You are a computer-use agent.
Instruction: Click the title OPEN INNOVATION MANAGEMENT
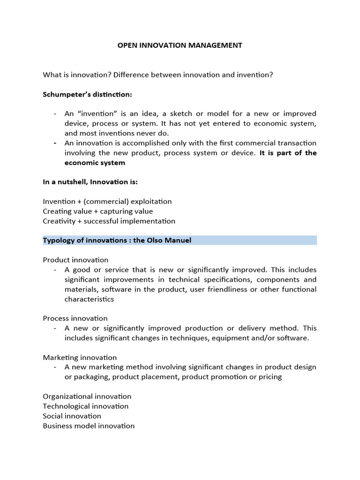[x=180, y=45]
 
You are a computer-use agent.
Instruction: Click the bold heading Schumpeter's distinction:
[x=88, y=94]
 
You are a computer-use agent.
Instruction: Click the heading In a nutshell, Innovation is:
[x=90, y=182]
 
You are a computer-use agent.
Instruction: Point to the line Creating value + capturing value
[x=97, y=211]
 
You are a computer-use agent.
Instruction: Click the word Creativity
[x=59, y=221]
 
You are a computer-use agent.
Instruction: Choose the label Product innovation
[x=75, y=260]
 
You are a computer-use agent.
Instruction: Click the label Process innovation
[x=75, y=318]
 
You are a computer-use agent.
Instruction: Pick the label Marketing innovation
[x=80, y=357]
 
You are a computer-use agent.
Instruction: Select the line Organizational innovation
[x=87, y=397]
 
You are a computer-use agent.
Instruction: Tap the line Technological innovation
[x=85, y=406]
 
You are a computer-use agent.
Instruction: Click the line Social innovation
[x=72, y=416]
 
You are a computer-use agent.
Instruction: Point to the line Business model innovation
[x=89, y=426]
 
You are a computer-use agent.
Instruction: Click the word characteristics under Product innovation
[x=89, y=299]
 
